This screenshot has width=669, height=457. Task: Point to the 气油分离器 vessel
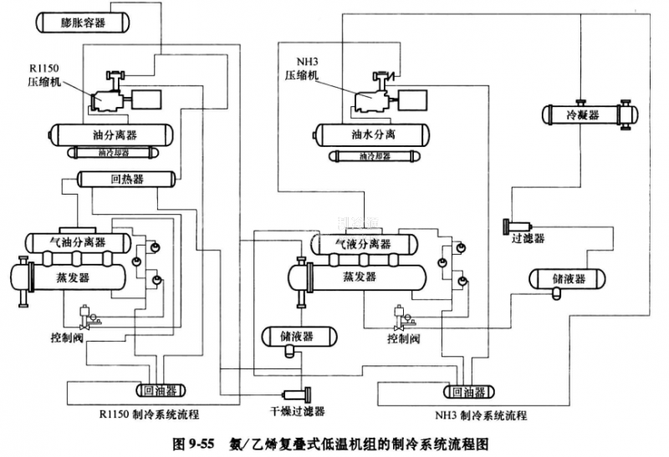point(78,242)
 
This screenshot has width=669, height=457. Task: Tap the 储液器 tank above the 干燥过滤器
point(297,336)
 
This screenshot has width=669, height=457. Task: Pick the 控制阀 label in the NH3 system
point(403,338)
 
